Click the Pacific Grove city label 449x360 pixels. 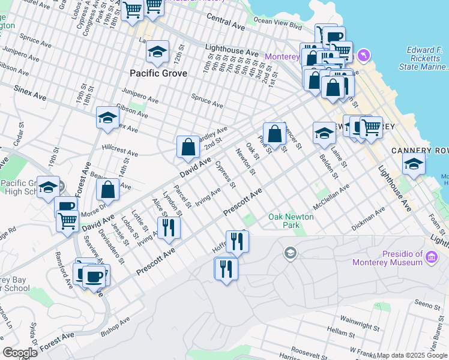(x=158, y=73)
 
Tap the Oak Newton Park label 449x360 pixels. (x=291, y=221)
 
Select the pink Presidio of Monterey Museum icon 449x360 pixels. (x=431, y=258)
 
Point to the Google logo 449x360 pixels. (x=20, y=353)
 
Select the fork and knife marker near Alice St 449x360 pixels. (x=168, y=227)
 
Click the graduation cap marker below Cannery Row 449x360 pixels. (x=414, y=163)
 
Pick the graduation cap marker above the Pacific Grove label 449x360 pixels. (x=157, y=52)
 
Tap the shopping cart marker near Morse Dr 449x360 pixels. (x=67, y=221)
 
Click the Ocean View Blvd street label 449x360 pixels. (x=277, y=23)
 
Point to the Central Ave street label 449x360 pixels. (x=227, y=27)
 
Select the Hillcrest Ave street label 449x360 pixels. (x=119, y=150)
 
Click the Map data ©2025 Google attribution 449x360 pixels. (x=412, y=355)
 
